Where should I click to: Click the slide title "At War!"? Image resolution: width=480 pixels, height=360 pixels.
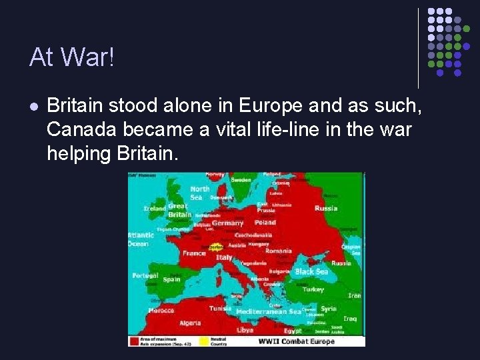pos(72,58)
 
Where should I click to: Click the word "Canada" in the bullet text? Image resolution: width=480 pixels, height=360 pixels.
pos(79,129)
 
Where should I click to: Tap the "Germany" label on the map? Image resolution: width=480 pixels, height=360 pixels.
pos(227,223)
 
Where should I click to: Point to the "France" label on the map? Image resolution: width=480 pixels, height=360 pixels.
pos(194,253)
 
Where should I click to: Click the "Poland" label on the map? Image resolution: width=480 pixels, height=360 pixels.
pos(265,223)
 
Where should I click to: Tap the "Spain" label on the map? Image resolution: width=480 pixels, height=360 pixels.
pos(171,279)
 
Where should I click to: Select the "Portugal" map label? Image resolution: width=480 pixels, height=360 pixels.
pos(145,275)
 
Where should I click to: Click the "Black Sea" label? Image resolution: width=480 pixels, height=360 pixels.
pos(311,272)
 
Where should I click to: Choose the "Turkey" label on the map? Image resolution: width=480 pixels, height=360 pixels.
pos(313,290)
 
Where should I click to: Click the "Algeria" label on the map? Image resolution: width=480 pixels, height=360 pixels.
pos(190,323)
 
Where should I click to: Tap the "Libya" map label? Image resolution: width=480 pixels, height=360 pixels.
pos(245,330)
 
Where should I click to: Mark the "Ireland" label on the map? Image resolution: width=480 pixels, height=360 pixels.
pos(155,209)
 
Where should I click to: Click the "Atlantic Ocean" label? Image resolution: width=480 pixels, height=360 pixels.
pos(141,239)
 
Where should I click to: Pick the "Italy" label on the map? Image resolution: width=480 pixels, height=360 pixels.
pos(224,257)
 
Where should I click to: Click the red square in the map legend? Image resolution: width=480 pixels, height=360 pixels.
pos(133,341)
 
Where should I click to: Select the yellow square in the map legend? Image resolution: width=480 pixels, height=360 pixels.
pos(203,341)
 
